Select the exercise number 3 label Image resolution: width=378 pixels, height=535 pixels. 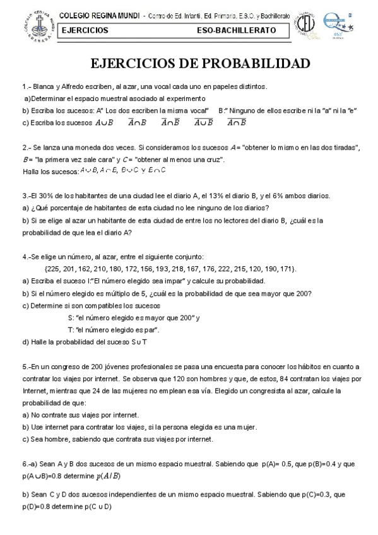tap(24, 196)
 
